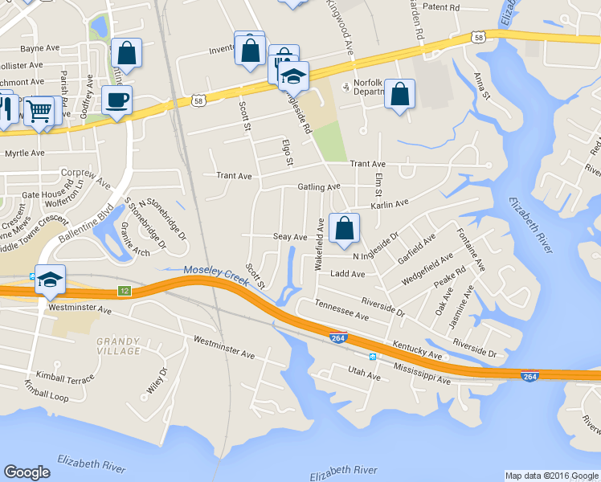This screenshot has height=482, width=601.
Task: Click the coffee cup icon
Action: pyautogui.click(x=117, y=100)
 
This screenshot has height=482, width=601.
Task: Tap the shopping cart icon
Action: pyautogui.click(x=38, y=111)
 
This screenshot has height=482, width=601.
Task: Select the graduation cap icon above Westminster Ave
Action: pyautogui.click(x=50, y=280)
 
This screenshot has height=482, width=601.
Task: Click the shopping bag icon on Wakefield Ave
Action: pyautogui.click(x=344, y=228)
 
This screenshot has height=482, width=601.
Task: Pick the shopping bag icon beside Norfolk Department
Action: pyautogui.click(x=399, y=94)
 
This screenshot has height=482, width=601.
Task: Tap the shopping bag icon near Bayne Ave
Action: pyautogui.click(x=126, y=53)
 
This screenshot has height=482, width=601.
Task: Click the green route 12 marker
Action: pyautogui.click(x=124, y=290)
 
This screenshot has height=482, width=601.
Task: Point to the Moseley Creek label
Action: pyautogui.click(x=216, y=272)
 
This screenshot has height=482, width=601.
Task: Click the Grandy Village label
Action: pyautogui.click(x=119, y=345)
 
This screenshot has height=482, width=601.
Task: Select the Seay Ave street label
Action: pyautogui.click(x=290, y=237)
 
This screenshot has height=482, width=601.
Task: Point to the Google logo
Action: pyautogui.click(x=27, y=472)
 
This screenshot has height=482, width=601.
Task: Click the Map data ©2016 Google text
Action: pyautogui.click(x=550, y=476)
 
